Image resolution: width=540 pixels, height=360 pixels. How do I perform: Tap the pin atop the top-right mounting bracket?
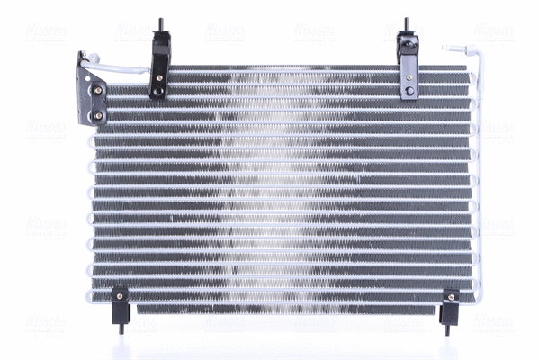406,24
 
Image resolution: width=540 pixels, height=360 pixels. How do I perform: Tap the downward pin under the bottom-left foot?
121,328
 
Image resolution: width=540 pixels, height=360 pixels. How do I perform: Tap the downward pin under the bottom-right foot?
447,328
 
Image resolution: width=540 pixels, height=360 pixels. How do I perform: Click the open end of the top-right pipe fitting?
446,47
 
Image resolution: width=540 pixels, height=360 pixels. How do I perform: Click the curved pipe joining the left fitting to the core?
121,67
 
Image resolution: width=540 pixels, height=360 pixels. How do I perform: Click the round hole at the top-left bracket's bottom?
158,91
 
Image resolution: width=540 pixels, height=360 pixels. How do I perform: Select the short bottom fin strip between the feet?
283,309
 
